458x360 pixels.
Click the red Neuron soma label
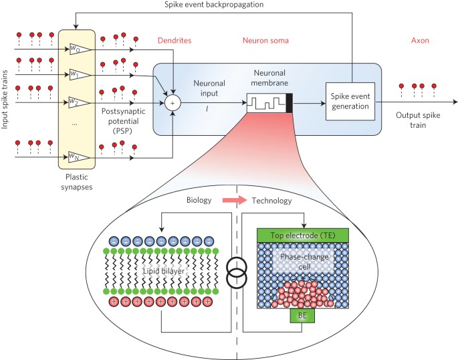point(265,41)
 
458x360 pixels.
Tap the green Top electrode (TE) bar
point(305,236)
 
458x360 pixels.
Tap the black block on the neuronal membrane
point(290,103)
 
